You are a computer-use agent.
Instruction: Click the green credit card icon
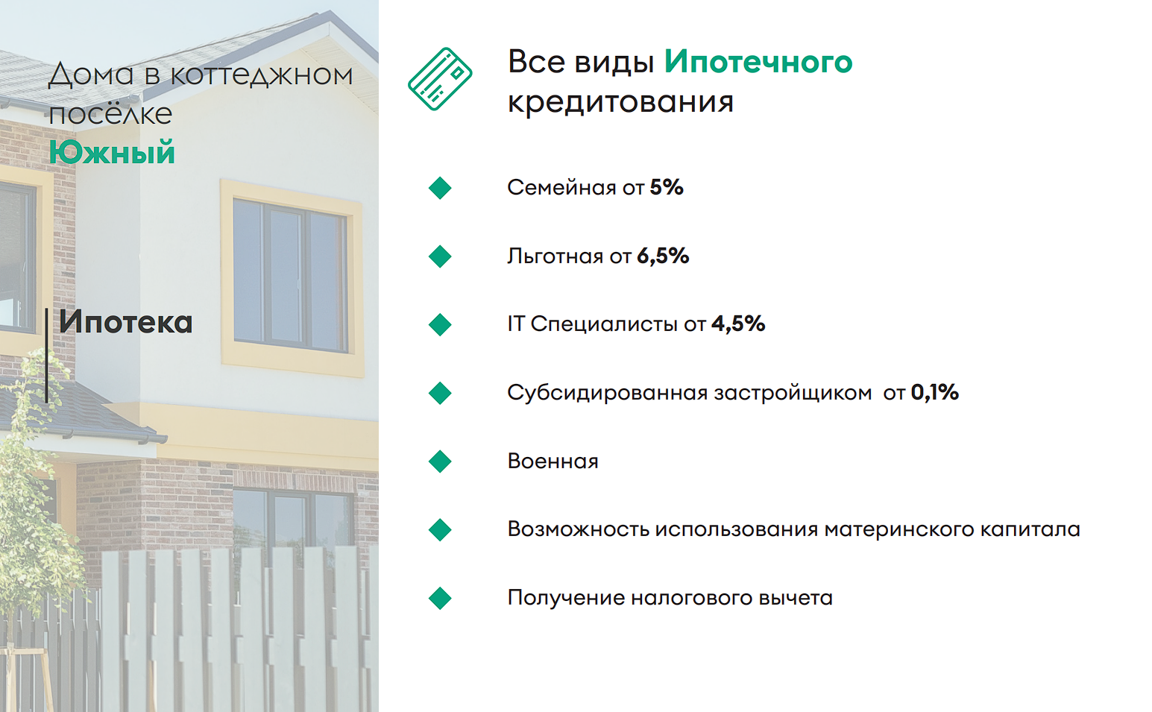[x=440, y=79]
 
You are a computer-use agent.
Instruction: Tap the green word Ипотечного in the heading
[x=758, y=62]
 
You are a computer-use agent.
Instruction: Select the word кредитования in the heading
[x=620, y=102]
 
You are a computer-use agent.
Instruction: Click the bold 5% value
[x=667, y=187]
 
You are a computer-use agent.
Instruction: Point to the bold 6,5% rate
[x=663, y=256]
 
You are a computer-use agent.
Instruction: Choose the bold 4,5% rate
[x=738, y=324]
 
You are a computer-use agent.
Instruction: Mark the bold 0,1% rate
[x=935, y=392]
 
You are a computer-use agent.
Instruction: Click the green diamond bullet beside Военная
[x=440, y=461]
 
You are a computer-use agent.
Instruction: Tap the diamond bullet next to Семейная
[x=440, y=188]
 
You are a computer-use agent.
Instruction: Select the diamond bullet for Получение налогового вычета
[x=440, y=598]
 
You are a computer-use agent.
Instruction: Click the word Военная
[x=553, y=461]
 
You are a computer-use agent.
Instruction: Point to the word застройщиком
[x=793, y=393]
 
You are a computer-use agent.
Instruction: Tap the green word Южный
[x=112, y=152]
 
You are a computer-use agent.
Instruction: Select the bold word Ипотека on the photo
[x=126, y=322]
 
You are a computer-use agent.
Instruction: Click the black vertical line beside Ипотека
[x=46, y=355]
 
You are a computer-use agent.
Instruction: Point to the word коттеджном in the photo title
[x=262, y=75]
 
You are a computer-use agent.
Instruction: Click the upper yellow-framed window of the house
[x=292, y=277]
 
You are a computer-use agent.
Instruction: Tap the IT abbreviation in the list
[x=516, y=324]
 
